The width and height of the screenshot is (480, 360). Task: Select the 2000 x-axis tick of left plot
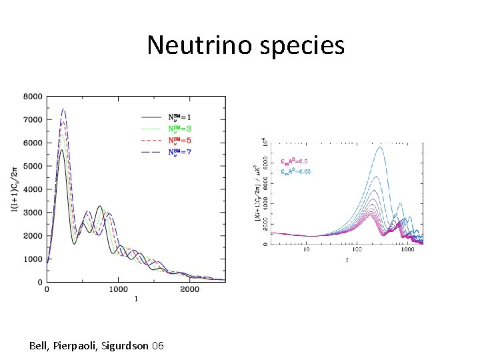coord(189,290)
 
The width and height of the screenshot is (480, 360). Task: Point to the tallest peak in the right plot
coord(380,147)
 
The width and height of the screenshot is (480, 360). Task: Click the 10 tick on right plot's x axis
coord(307,251)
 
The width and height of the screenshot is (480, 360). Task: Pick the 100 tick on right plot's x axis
coord(357,251)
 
